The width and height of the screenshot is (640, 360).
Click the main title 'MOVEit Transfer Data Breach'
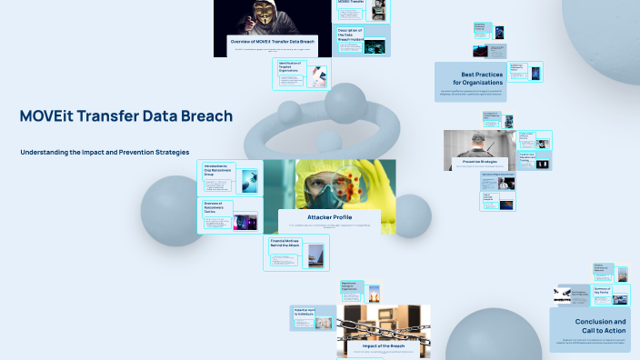(125, 116)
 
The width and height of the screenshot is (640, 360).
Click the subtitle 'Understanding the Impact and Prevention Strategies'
(105, 152)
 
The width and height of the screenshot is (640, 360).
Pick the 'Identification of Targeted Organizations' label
(292, 65)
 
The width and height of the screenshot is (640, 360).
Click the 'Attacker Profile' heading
(330, 217)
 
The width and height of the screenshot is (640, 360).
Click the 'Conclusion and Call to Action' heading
(600, 326)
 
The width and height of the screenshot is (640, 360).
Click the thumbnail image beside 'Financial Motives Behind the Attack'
(315, 255)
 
